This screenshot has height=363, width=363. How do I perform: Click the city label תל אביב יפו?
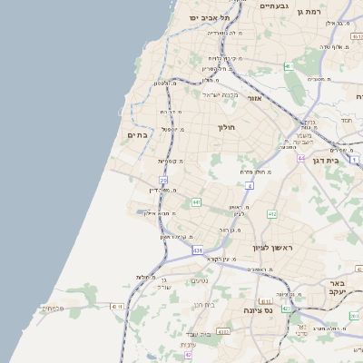point(210,17)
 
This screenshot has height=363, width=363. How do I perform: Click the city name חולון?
point(227,127)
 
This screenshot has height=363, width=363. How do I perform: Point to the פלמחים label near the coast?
point(54,308)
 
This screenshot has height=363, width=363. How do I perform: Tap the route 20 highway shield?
point(163,181)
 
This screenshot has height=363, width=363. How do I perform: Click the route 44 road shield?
point(300,158)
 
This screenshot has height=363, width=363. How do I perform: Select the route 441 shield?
point(196,202)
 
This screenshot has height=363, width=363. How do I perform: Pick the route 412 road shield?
point(271,213)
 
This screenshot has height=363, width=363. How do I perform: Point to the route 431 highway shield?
point(198,248)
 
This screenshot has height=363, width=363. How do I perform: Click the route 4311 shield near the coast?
point(115,307)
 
